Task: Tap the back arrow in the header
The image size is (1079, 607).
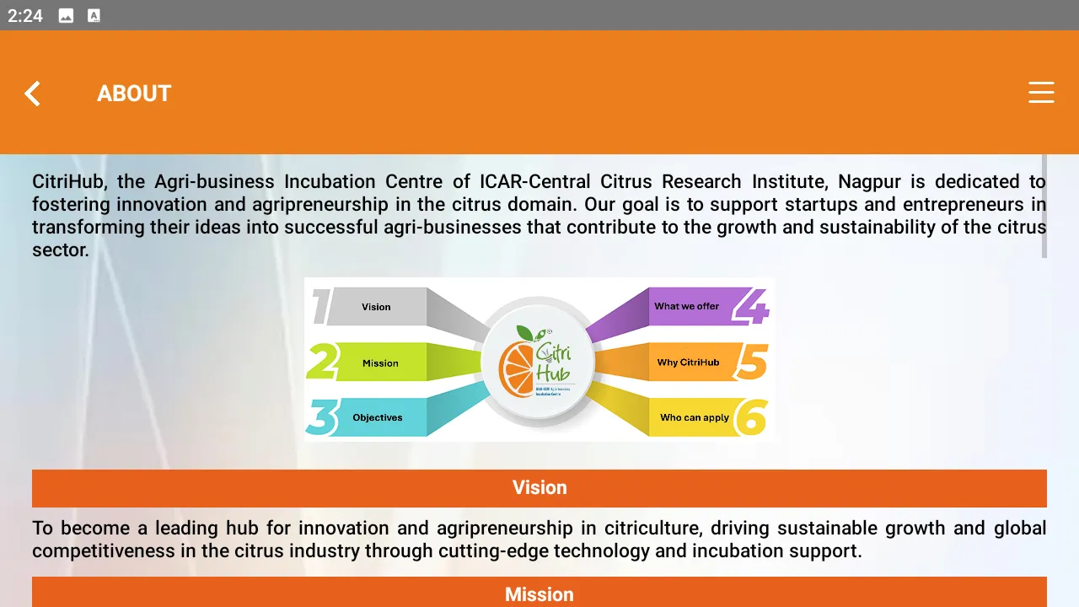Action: (32, 94)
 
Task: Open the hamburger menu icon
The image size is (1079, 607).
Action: (1041, 93)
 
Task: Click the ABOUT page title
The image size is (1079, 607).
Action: (134, 94)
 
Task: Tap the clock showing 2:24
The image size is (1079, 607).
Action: (25, 15)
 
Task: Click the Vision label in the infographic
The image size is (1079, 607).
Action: (376, 307)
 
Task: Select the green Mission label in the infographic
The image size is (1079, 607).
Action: (380, 363)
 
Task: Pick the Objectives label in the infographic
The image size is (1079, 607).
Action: (377, 417)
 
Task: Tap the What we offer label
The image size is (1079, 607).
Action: (686, 306)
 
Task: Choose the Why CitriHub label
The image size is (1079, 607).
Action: (688, 363)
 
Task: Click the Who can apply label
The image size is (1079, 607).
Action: (694, 417)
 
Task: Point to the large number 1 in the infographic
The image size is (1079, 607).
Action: (320, 307)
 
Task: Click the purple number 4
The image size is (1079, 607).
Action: (750, 307)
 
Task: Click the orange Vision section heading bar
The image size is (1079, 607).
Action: (539, 488)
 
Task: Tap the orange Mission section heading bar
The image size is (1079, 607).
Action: (539, 594)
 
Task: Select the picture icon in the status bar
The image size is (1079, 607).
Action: (66, 15)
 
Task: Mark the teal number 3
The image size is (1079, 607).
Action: (322, 417)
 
